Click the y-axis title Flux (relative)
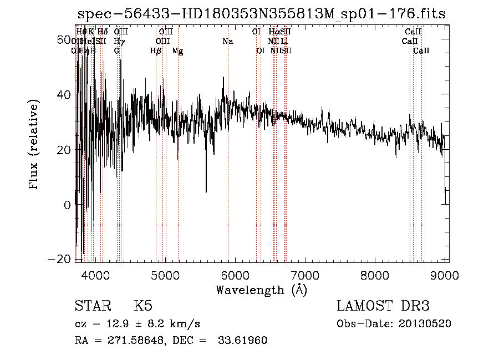(x=34, y=145)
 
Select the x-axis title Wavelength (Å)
(x=261, y=290)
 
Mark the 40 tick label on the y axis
(x=64, y=95)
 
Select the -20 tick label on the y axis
(x=60, y=259)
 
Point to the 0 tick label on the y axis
(x=68, y=205)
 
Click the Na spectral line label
(x=228, y=42)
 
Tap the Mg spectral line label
(x=177, y=51)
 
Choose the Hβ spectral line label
(x=156, y=51)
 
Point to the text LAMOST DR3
(x=383, y=306)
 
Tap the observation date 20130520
(x=424, y=324)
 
